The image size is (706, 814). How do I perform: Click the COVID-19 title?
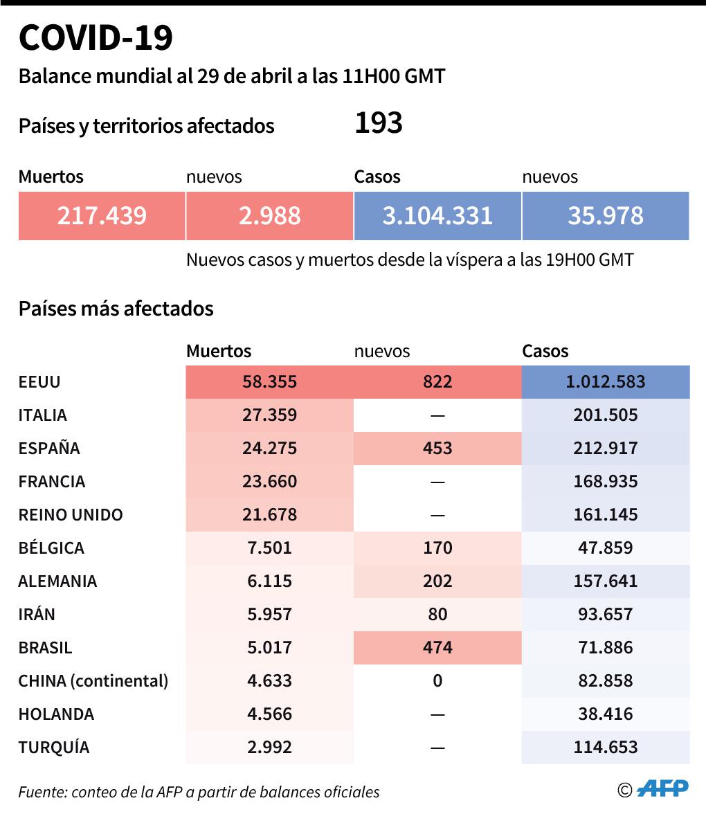[96, 38]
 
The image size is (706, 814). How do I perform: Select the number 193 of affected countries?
[378, 123]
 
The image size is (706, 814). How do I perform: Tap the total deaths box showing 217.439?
[102, 216]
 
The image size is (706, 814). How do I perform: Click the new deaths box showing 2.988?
[269, 216]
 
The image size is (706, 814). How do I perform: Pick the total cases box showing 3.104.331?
[437, 216]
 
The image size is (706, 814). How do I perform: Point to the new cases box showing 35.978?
[605, 216]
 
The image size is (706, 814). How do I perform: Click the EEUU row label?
[39, 382]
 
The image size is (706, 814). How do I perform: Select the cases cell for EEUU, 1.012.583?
[605, 382]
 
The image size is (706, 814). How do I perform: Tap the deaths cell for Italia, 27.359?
[269, 415]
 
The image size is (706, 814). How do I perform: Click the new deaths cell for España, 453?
[437, 449]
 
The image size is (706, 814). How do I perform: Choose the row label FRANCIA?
[52, 482]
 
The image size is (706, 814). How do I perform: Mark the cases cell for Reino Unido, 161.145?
[605, 515]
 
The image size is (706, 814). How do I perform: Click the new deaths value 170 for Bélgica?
[437, 548]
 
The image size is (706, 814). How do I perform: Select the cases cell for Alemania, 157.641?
[605, 581]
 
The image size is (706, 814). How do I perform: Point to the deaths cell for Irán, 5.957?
[269, 615]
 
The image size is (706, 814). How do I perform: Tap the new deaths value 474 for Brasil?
[437, 648]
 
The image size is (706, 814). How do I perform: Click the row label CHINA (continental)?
[93, 681]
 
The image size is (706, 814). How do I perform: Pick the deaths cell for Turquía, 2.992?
[269, 748]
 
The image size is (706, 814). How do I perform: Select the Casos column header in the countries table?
[545, 352]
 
